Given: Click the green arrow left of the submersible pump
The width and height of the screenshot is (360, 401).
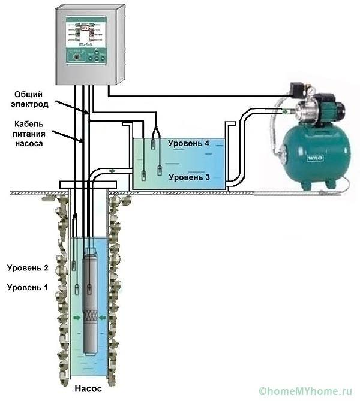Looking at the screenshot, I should tap(77, 318).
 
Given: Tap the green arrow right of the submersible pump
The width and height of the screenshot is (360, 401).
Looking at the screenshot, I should tap(104, 318).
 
